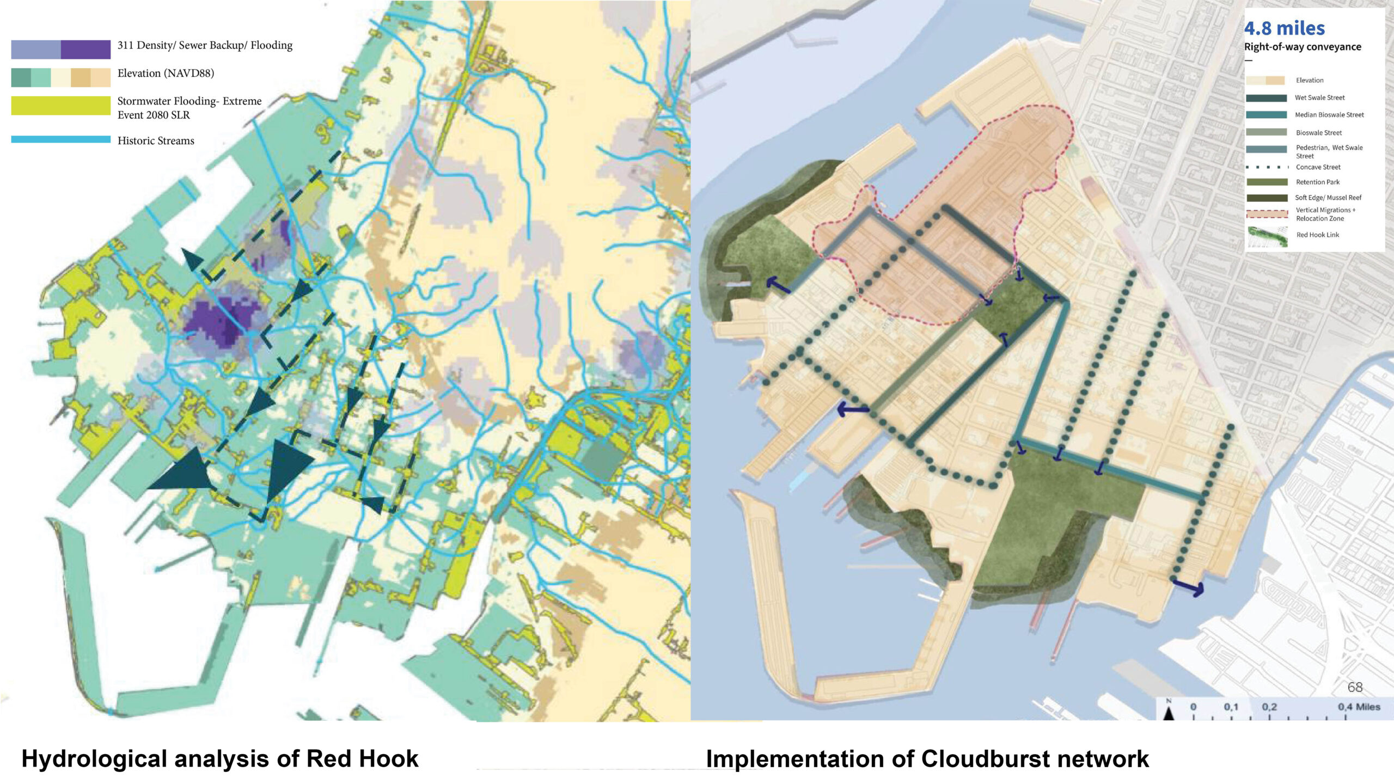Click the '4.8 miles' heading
1284,28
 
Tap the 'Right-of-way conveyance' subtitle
1303,47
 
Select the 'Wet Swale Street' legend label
1319,98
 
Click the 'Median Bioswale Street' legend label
1329,115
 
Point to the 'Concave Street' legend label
1318,167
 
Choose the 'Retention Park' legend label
1317,182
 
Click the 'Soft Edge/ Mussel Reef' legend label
1328,198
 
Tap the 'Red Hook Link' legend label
1317,235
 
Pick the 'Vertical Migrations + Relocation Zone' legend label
1325,215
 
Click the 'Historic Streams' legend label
156,141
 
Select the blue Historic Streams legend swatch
60,139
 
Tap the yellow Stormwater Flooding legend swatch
60,106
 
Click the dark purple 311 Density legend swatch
85,50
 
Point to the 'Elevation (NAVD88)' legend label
166,73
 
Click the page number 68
1355,688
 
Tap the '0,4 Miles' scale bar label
1359,707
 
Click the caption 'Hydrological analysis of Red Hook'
220,759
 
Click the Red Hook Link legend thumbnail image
1267,237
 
